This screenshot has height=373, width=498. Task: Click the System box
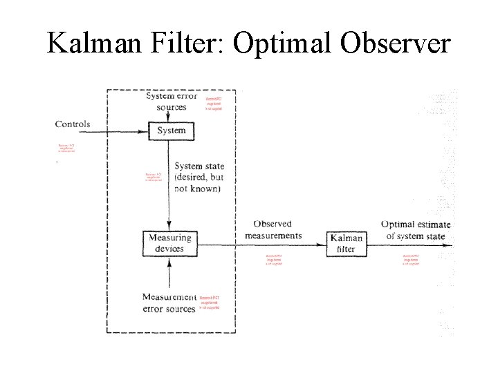coord(171,131)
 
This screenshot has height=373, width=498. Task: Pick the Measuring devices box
coord(169,243)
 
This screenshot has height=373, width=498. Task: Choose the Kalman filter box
coord(346,243)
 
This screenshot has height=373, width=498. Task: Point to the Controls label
coord(73,124)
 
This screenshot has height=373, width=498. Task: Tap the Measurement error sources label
coord(169,303)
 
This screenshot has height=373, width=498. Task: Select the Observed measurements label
coord(273,229)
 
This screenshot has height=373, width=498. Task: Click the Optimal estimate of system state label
coord(416,230)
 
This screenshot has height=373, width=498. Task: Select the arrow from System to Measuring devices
coord(169,186)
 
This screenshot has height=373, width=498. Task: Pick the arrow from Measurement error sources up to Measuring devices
coord(169,273)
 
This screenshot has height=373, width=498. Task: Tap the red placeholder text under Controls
coord(66,148)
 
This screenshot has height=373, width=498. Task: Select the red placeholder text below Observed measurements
coord(275,260)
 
